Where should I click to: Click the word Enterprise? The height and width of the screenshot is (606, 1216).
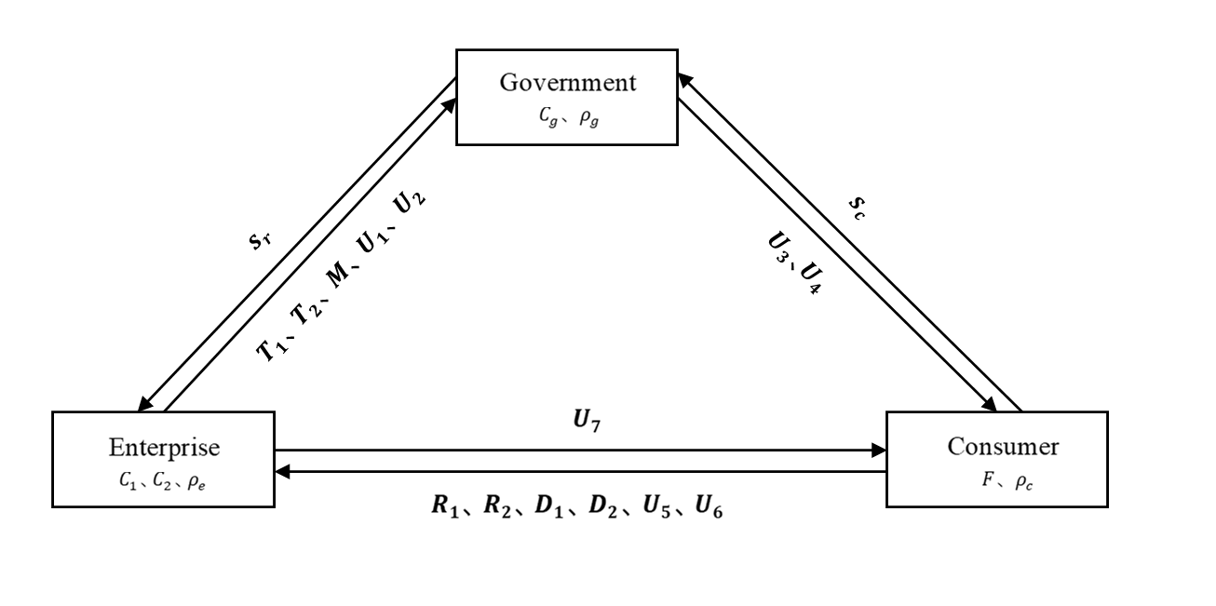point(164,448)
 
